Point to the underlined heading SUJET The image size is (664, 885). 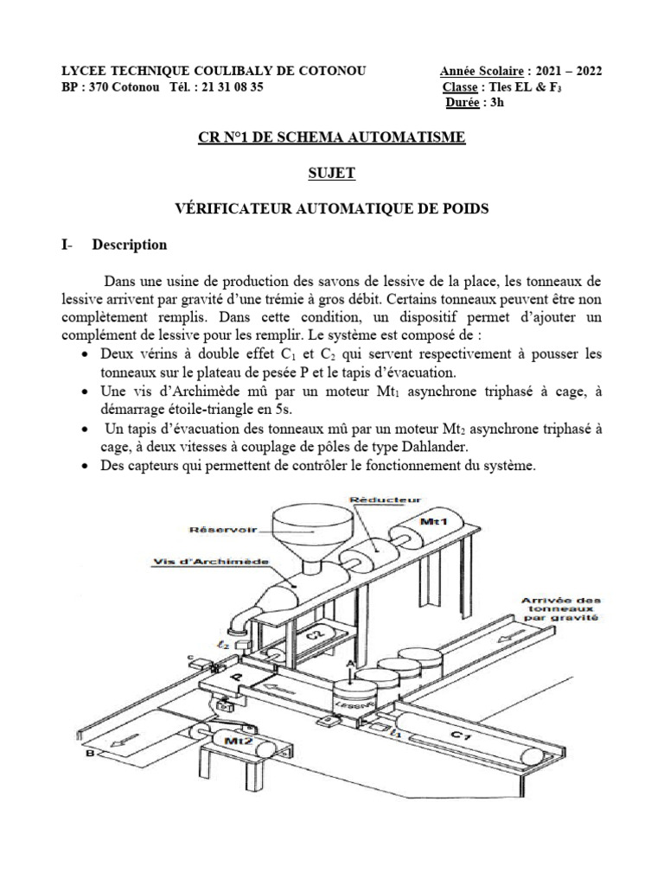(331, 174)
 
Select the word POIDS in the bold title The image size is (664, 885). (463, 209)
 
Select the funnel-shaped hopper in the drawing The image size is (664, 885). (309, 531)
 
